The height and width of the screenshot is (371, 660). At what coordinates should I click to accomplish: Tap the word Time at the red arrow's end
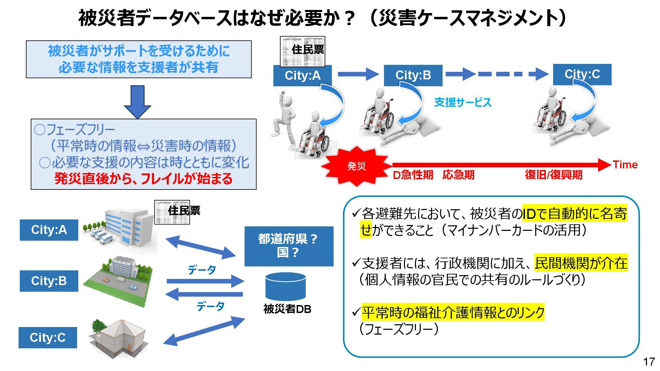pos(625,165)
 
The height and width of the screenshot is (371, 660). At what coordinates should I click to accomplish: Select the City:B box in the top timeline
pos(413,75)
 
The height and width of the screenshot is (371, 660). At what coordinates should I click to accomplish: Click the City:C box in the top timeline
pos(582,74)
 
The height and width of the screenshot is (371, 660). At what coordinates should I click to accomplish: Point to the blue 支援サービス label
pos(463,102)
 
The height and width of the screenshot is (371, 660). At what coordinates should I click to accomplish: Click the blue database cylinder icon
pos(285,287)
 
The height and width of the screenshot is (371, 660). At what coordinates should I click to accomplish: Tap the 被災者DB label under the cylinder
pos(287,309)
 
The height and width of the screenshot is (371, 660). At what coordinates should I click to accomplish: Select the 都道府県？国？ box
pos(289,246)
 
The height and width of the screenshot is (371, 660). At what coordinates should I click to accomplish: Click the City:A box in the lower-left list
pos(49,230)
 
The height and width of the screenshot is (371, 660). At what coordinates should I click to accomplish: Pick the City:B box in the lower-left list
pos(49,281)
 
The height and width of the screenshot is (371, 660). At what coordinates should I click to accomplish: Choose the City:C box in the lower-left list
pos(48,338)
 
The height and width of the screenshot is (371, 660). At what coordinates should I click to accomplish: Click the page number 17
pos(649,361)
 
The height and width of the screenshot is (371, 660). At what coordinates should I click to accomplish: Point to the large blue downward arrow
pos(137,102)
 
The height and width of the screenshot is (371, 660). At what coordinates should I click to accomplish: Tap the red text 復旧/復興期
pos(553,175)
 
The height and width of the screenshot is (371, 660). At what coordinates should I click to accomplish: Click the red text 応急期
pos(458,175)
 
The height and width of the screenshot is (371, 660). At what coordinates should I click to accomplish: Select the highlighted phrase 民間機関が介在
pos(581,263)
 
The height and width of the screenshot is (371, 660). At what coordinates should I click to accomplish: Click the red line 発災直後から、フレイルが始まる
pos(143,179)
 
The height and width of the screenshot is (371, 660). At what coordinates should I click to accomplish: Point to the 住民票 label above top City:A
pos(307,50)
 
